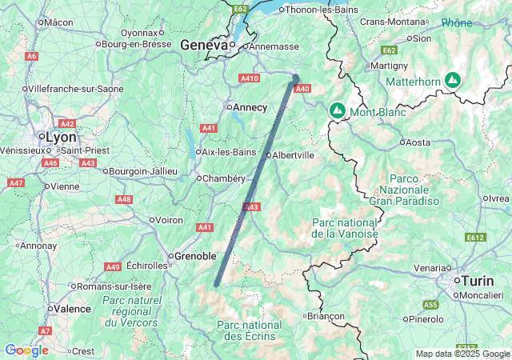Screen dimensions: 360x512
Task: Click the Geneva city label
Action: click(x=205, y=46)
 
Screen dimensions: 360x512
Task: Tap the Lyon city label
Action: click(x=61, y=137)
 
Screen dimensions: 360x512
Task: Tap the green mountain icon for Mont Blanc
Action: click(x=338, y=110)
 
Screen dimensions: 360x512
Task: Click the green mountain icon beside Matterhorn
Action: click(x=454, y=80)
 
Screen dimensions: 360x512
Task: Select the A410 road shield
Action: click(x=250, y=78)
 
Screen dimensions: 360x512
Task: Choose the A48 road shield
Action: click(x=124, y=199)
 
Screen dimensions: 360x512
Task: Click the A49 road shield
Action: click(x=113, y=266)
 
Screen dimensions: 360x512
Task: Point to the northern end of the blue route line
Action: click(x=296, y=78)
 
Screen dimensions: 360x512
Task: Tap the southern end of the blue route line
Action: click(x=216, y=284)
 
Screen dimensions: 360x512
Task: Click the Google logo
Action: click(x=26, y=350)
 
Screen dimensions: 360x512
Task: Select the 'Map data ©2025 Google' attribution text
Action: click(x=462, y=354)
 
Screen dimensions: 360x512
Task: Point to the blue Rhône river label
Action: click(x=457, y=23)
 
